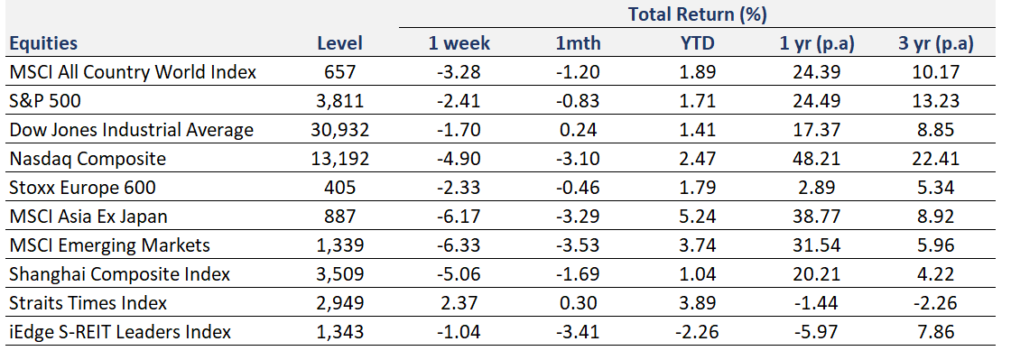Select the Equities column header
click(43, 43)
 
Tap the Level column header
click(340, 43)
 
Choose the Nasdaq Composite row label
click(88, 159)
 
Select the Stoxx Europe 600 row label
click(83, 188)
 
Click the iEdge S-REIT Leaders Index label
click(120, 332)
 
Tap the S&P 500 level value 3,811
click(340, 101)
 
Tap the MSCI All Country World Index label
click(133, 72)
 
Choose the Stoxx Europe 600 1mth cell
click(579, 188)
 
